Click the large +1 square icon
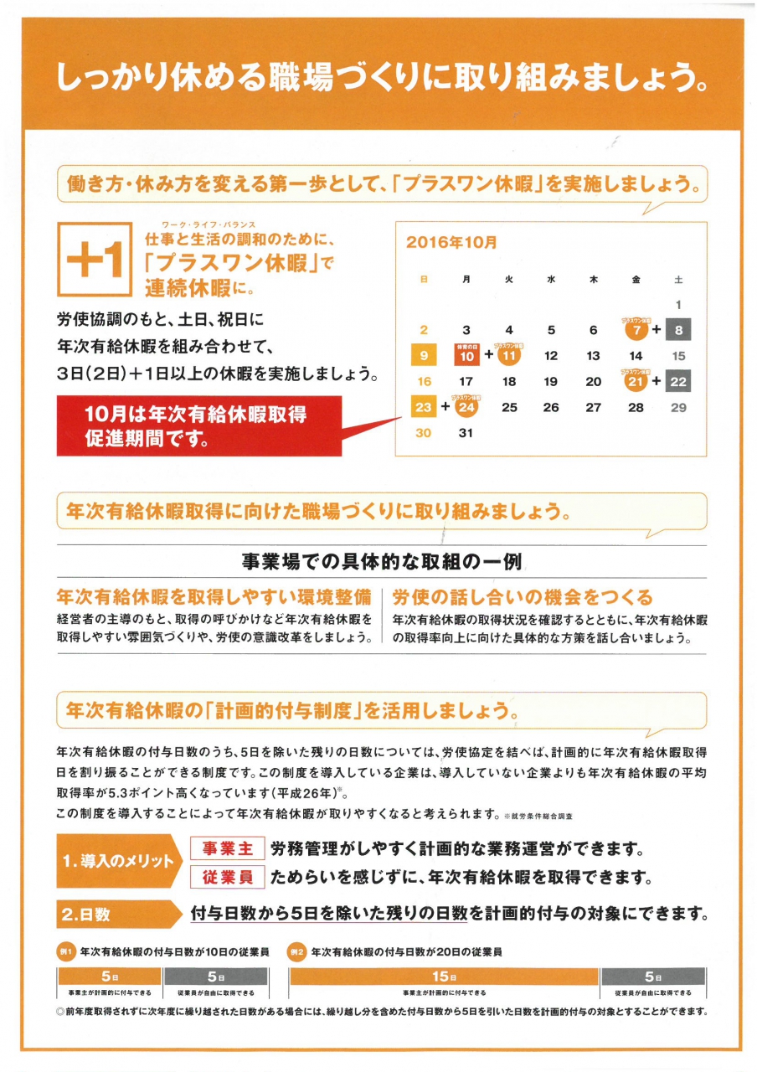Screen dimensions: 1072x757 click(94, 260)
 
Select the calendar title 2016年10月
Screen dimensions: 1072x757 click(451, 242)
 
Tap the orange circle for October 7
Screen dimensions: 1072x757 click(636, 330)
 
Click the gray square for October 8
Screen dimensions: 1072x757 click(678, 330)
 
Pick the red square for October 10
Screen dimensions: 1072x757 click(467, 355)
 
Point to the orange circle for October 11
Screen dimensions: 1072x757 click(509, 355)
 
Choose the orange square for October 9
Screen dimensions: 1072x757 click(425, 356)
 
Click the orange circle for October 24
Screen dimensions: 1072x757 click(467, 407)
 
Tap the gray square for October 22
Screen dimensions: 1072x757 click(678, 381)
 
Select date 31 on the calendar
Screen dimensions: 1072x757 click(466, 433)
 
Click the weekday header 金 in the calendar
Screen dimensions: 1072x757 click(636, 279)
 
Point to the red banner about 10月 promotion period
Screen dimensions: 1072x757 click(199, 425)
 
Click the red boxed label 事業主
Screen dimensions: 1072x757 click(228, 848)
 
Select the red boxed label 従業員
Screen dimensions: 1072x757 click(228, 877)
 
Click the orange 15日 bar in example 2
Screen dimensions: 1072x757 click(443, 977)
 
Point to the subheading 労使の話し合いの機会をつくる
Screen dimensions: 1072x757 click(523, 597)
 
